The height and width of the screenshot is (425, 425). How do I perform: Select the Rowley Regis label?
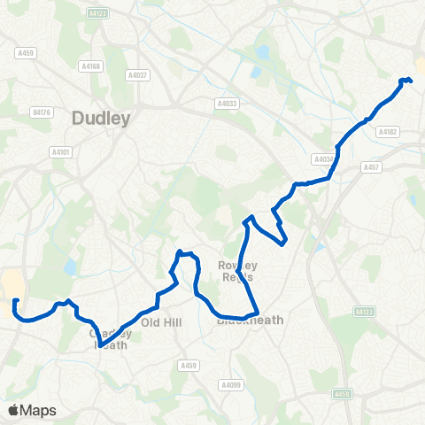[236, 271]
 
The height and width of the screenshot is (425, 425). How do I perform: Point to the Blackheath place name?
[251, 321]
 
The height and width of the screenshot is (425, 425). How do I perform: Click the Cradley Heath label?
[110, 339]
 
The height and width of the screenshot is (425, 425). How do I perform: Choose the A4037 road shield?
[137, 75]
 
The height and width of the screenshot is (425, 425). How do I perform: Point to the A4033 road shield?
[228, 104]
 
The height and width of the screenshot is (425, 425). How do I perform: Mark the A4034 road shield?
[324, 159]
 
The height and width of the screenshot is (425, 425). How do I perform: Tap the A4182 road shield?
[388, 132]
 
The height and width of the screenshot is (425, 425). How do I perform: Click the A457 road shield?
[371, 166]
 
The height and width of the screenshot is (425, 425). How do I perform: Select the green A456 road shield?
[343, 394]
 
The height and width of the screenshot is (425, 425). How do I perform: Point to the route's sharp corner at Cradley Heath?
[100, 345]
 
